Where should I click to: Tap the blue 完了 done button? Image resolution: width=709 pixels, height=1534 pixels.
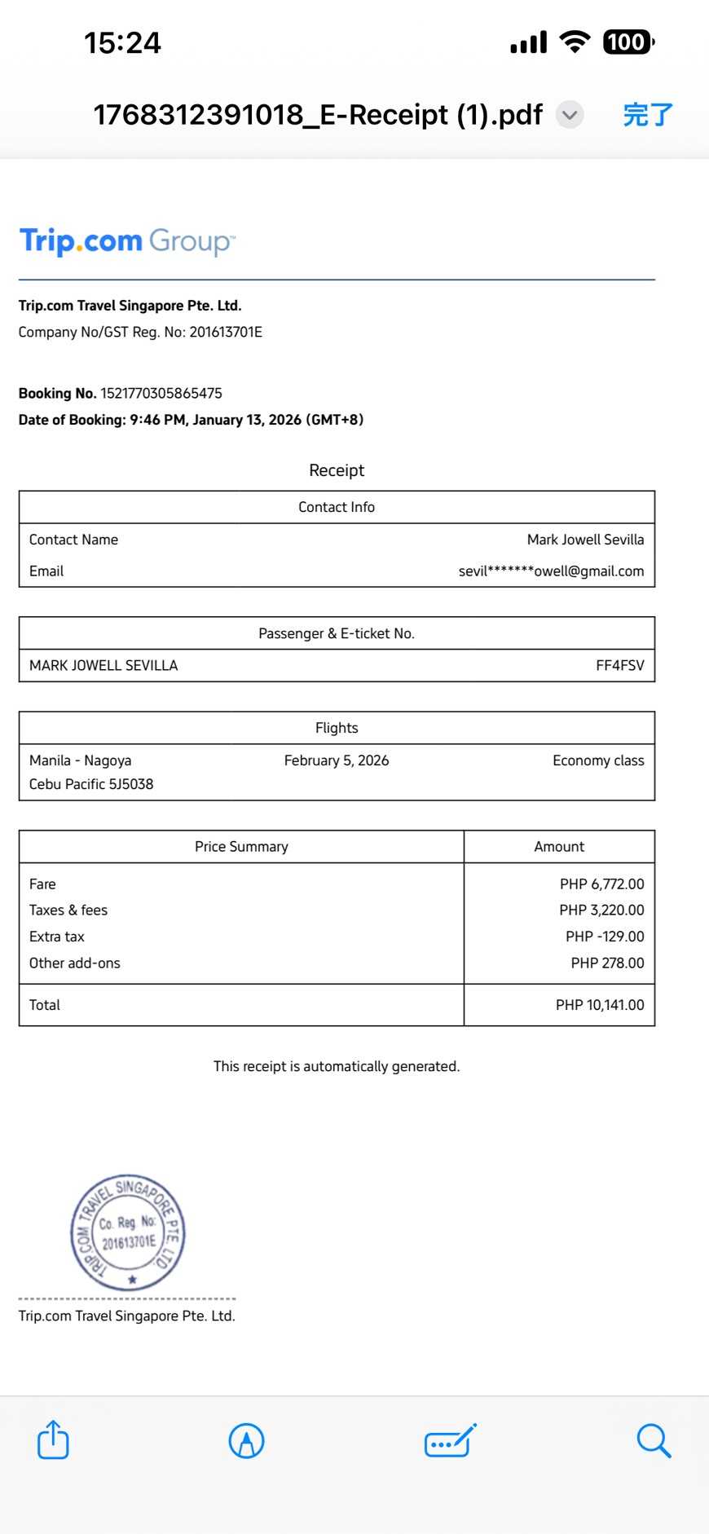click(x=648, y=115)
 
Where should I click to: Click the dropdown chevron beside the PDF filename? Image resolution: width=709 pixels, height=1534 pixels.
click(x=570, y=115)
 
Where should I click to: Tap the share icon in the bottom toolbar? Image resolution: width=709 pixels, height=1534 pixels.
click(x=53, y=1439)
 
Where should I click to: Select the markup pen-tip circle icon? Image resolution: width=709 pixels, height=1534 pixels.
click(x=246, y=1440)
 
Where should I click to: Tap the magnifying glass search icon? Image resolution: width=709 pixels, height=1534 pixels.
click(x=653, y=1440)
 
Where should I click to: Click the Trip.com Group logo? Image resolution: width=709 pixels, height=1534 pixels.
click(x=127, y=241)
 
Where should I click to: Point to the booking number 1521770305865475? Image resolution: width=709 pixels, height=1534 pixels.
click(x=161, y=393)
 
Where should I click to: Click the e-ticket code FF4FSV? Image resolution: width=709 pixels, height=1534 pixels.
click(x=619, y=665)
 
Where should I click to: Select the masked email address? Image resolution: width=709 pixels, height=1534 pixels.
click(x=551, y=571)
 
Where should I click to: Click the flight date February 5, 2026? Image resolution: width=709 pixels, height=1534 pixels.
click(x=337, y=760)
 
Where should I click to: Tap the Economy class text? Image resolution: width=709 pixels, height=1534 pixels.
click(x=598, y=760)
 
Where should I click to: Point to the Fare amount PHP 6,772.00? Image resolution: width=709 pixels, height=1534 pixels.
click(x=601, y=884)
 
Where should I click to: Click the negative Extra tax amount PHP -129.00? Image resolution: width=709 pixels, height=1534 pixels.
click(x=605, y=937)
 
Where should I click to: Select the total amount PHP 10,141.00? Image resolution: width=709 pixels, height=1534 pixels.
click(x=600, y=1005)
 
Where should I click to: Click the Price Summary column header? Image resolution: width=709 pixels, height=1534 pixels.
click(x=241, y=847)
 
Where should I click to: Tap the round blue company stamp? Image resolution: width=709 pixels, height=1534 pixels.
click(x=129, y=1232)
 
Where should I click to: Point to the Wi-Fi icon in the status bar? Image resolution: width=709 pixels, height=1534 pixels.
click(x=575, y=42)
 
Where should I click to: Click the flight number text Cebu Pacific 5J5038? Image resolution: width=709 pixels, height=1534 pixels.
click(x=91, y=784)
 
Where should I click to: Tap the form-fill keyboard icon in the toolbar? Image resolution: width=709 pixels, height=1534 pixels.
click(x=450, y=1441)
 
